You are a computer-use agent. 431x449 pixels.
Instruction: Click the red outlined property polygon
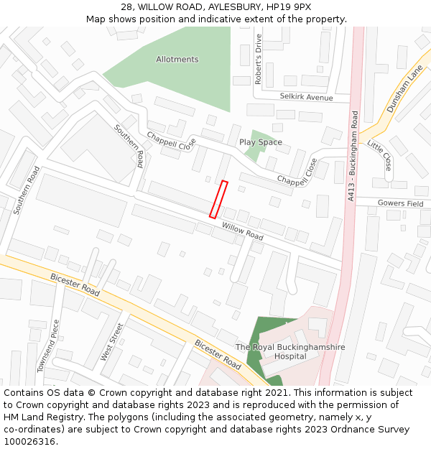pyautogui.click(x=218, y=199)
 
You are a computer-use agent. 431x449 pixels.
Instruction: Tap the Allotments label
pyautogui.click(x=177, y=60)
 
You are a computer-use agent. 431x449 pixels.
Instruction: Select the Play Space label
pyautogui.click(x=260, y=142)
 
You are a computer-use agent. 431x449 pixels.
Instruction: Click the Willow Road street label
pyautogui.click(x=242, y=231)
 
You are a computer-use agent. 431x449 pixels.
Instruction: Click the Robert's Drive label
pyautogui.click(x=259, y=59)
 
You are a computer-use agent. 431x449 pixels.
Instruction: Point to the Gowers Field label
pyautogui.click(x=400, y=204)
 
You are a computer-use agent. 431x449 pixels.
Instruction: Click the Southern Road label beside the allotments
pyautogui.click(x=130, y=146)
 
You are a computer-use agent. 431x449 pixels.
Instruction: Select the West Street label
pyautogui.click(x=112, y=342)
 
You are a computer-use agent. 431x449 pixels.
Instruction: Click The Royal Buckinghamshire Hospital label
pyautogui.click(x=290, y=351)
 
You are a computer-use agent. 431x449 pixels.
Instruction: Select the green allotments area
pyautogui.click(x=187, y=79)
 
